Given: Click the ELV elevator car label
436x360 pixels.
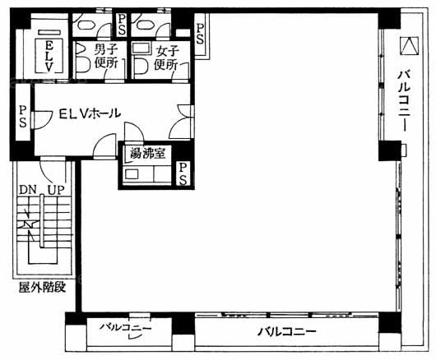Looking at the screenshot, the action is [x=49, y=56].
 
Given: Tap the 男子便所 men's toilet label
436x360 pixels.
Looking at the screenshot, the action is [x=106, y=57].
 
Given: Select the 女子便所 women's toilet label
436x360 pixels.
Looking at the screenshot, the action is [x=167, y=58].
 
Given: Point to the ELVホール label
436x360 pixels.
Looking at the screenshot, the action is [x=90, y=113].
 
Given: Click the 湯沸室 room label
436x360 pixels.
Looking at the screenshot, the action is [x=148, y=153].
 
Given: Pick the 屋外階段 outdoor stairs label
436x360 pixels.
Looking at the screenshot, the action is [x=42, y=288].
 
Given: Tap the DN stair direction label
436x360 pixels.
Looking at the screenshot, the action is [x=28, y=190].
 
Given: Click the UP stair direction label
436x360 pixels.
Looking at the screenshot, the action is [x=56, y=190].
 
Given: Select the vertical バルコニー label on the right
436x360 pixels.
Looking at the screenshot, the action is [x=404, y=100].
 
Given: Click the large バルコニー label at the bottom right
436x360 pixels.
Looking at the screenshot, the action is [x=286, y=331].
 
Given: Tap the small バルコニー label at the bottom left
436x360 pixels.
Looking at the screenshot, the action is [x=126, y=327].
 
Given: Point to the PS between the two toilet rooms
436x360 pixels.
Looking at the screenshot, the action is [x=122, y=25].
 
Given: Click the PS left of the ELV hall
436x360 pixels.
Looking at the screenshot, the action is [x=23, y=117].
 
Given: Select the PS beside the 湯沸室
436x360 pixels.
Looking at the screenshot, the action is [x=183, y=173].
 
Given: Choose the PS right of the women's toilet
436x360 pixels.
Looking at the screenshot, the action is [x=200, y=34].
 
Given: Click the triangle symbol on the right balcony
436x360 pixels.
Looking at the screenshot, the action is [x=409, y=45].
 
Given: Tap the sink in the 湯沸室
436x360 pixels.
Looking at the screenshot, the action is [x=132, y=174].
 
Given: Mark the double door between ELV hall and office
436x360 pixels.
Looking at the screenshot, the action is [x=182, y=122].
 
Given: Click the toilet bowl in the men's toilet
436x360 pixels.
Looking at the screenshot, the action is [x=82, y=64].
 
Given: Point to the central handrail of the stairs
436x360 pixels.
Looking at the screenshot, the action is [x=42, y=221].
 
